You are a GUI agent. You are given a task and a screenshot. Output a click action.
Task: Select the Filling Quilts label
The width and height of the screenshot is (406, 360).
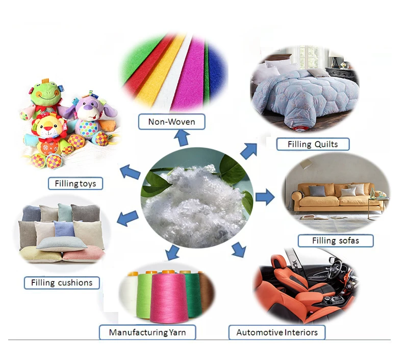pos(313,144)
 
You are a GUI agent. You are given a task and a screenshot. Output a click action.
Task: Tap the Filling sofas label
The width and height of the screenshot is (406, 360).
pos(336,240)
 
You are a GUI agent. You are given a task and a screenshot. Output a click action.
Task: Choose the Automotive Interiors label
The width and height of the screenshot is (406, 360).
pos(277,332)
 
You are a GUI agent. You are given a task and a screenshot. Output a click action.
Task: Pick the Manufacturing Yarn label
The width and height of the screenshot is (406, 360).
pos(147,333)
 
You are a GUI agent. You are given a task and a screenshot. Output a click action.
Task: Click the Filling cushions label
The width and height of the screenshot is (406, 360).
pos(62,282)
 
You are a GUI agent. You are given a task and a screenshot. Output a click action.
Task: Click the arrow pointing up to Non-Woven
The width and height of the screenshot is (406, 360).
pos(182,137)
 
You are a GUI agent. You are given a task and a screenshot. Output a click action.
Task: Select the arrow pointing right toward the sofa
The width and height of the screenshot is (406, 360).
pos(265,197)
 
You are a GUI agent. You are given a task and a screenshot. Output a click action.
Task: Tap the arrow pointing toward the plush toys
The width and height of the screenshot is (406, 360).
pos(130,173)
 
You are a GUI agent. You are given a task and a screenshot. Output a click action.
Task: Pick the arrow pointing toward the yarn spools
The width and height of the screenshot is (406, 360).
pos(173,252)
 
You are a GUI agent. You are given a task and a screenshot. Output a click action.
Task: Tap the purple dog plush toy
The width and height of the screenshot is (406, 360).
pos(92,120)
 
